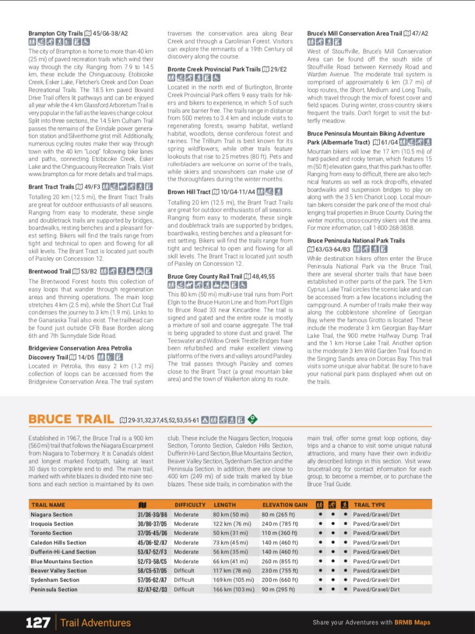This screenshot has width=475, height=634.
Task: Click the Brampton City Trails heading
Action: point(56,33)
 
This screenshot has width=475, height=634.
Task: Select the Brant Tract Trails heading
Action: point(51,187)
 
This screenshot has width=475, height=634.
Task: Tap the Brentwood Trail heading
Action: point(50,272)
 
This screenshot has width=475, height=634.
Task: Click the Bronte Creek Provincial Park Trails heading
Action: point(214,69)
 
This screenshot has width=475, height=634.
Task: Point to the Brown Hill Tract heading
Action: point(189,192)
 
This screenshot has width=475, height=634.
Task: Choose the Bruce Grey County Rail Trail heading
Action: point(204,276)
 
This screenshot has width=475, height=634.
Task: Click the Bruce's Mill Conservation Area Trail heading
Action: point(355,33)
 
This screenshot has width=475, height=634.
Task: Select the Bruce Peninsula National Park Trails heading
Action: point(356,240)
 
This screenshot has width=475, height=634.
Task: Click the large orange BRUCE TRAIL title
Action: point(71,419)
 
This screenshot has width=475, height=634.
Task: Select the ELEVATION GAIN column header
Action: point(284,505)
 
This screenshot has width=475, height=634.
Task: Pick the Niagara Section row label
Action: point(51,515)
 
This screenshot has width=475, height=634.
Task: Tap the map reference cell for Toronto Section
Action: point(152,533)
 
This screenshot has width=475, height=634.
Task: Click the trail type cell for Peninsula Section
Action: point(376,590)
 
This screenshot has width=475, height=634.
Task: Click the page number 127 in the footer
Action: point(38,622)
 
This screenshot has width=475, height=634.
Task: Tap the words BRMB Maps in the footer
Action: point(412,622)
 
